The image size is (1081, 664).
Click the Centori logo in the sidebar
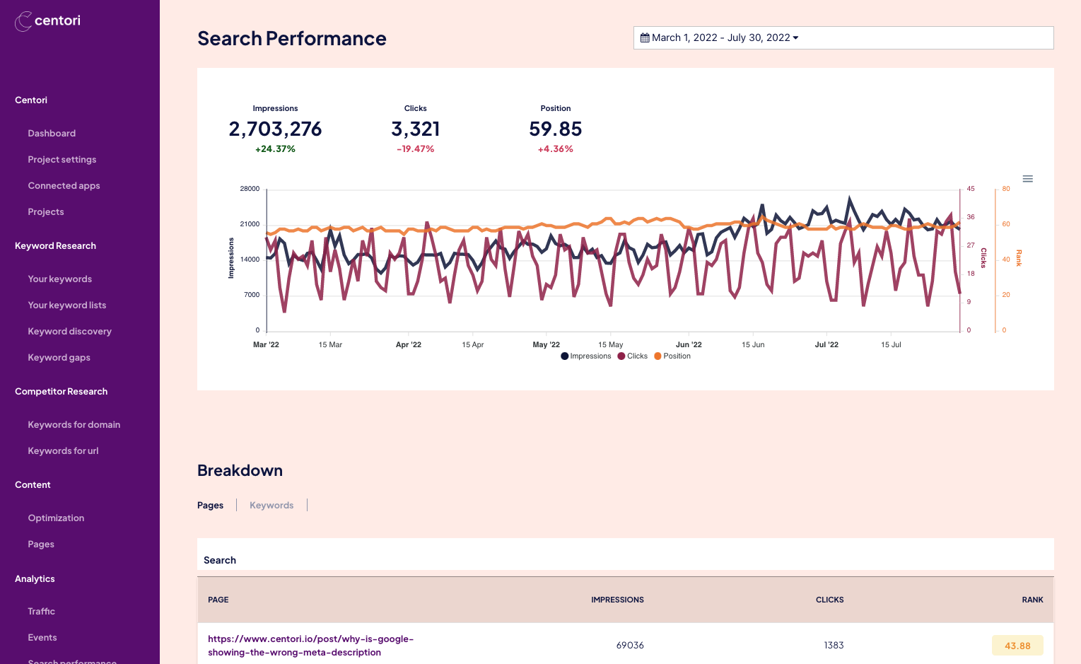(x=47, y=21)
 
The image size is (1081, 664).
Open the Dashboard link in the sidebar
(x=52, y=134)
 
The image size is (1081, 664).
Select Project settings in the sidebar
(x=62, y=160)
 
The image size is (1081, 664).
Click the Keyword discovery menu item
(x=69, y=332)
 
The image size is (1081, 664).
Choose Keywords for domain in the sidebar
(x=74, y=425)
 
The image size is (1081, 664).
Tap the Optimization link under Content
(x=56, y=518)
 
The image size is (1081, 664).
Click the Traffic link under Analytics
(x=41, y=612)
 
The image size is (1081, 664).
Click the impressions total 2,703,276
(x=275, y=129)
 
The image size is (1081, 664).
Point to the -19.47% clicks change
(x=416, y=149)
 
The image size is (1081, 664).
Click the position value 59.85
(x=555, y=129)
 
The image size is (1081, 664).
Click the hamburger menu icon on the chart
(x=1027, y=179)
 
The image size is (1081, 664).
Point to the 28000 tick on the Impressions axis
(x=250, y=190)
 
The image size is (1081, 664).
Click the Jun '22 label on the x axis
(x=689, y=345)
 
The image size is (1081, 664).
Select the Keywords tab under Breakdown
(x=271, y=506)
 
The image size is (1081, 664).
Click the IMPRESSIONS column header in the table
(x=617, y=600)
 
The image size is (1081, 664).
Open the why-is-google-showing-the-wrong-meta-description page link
(x=310, y=646)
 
